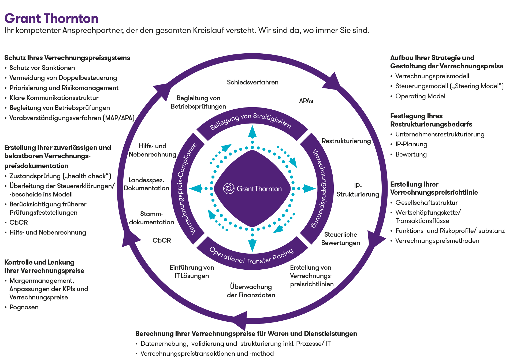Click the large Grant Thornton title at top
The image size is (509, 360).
(51, 18)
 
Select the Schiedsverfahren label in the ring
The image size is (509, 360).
(252, 82)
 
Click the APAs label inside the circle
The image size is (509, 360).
(306, 101)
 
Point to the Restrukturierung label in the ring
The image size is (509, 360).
(346, 141)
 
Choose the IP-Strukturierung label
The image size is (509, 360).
(358, 190)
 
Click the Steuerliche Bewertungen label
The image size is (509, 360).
(340, 239)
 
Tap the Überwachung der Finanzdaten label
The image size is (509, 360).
(251, 291)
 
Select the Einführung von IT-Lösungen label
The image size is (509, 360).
(192, 272)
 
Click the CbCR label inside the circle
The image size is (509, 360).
(162, 240)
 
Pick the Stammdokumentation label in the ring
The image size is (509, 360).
(151, 218)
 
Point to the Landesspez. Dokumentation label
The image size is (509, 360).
(146, 184)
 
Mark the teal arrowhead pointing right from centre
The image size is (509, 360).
(310, 188)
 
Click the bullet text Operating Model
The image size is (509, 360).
(420, 96)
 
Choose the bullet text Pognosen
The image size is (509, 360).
(24, 307)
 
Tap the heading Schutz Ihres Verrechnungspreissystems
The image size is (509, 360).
(67, 58)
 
